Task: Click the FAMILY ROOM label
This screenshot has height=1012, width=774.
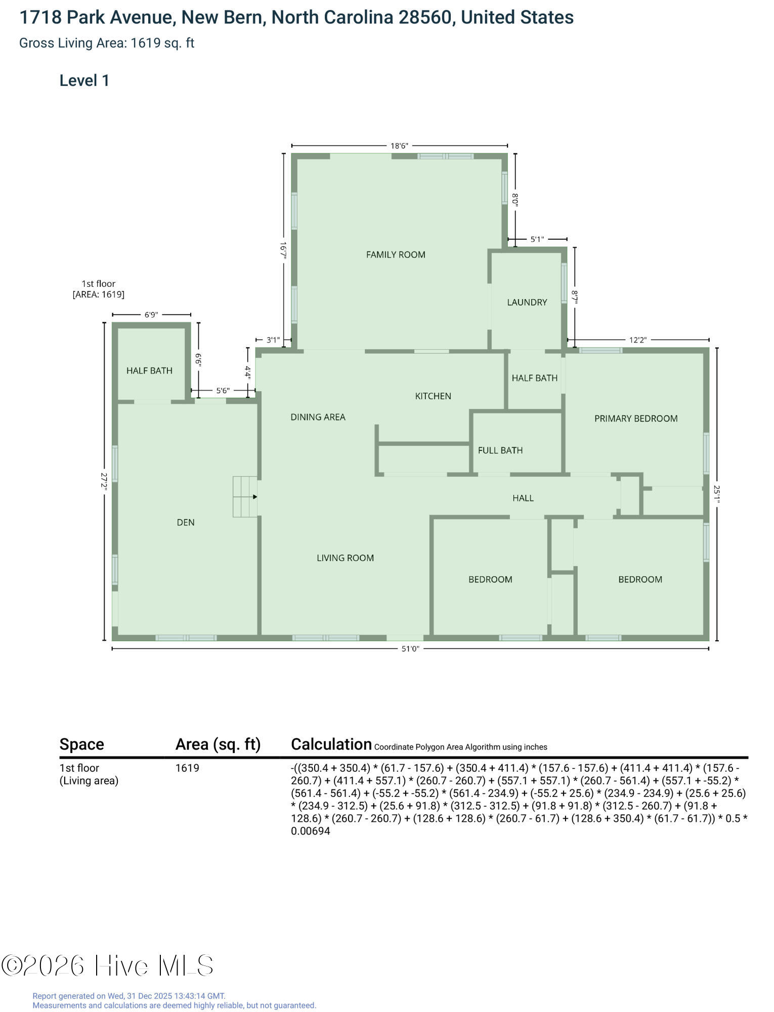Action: pos(396,255)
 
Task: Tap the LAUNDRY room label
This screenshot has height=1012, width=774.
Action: pos(527,302)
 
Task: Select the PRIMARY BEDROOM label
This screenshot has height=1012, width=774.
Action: pos(636,418)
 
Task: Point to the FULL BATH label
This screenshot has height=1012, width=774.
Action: pos(500,450)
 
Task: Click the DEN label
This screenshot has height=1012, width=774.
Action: pos(186,522)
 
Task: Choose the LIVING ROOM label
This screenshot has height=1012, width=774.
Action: pos(346,558)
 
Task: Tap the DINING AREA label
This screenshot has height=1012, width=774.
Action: pos(318,417)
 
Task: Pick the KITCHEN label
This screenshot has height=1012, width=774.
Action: pos(433,396)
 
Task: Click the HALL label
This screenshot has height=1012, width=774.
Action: pos(523,498)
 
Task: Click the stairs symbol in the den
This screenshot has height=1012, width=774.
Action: pos(245,496)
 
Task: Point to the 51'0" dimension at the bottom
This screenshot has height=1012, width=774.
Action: pos(410,649)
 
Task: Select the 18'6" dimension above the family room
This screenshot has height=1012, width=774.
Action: pos(399,146)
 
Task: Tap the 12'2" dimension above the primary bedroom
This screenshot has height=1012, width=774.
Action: pos(638,340)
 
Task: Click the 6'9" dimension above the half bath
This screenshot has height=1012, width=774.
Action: pos(151,315)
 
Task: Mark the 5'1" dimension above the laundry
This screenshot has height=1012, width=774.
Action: pos(537,239)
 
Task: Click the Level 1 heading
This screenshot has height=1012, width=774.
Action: pos(84,80)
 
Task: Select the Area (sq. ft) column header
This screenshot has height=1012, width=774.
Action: pos(218,744)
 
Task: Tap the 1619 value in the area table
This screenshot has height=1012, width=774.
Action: pos(187,768)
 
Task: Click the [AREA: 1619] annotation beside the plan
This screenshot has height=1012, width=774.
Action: pos(99,294)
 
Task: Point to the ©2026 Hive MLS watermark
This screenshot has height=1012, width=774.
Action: pos(107,965)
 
